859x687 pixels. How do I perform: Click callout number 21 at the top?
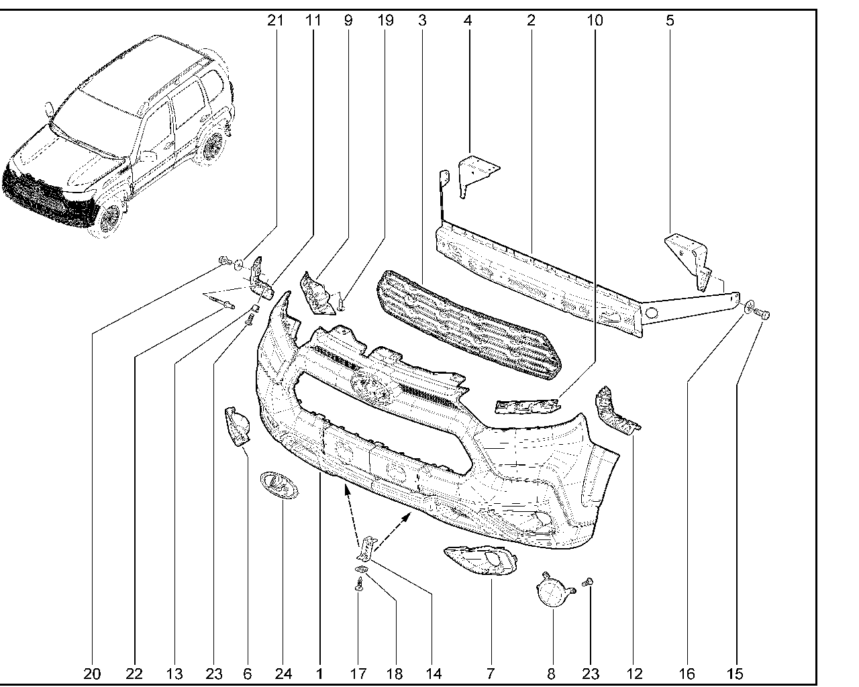pos(275,20)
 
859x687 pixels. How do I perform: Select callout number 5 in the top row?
pos(670,20)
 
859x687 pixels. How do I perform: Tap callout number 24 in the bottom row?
pos(284,673)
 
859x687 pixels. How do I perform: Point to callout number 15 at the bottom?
pos(736,673)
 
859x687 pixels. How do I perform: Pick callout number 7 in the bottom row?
pos(490,673)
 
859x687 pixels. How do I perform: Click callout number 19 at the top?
pos(385,20)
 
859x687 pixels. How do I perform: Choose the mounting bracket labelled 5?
pos(688,258)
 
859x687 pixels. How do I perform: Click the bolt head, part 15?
pos(763,313)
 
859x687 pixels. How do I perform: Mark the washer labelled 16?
pos(747,307)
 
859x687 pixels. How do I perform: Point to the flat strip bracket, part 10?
pos(527,405)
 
